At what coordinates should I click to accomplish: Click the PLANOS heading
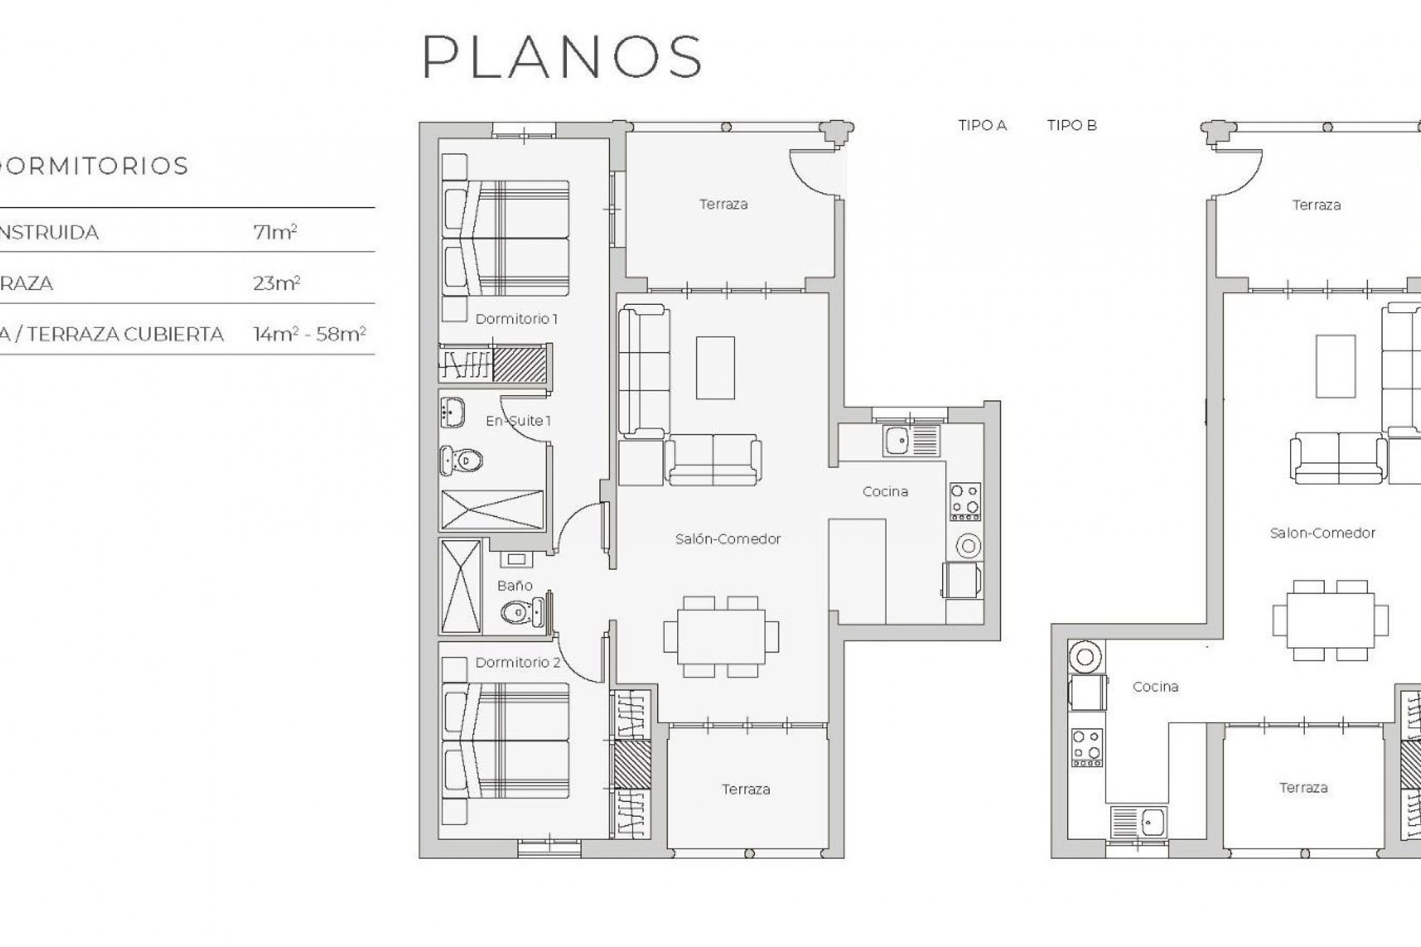click(x=562, y=56)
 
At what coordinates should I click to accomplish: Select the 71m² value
click(x=275, y=232)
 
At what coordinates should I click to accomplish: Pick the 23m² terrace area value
click(x=276, y=283)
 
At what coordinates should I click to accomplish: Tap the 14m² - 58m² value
click(x=309, y=334)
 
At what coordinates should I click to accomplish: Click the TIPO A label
click(x=982, y=126)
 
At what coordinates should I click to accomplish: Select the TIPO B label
click(x=1071, y=126)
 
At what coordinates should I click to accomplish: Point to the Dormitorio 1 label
click(x=516, y=319)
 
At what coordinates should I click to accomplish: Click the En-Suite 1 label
click(x=518, y=421)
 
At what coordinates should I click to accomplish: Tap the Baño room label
click(x=514, y=586)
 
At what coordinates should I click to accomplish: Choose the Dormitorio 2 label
click(x=517, y=663)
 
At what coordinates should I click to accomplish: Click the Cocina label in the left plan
click(x=885, y=492)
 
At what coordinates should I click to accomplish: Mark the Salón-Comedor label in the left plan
click(x=728, y=539)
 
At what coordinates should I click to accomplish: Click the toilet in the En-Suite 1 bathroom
click(x=463, y=461)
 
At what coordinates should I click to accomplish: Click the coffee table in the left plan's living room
click(x=715, y=368)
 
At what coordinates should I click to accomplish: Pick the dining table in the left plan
click(x=721, y=636)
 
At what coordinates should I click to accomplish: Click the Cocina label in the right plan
click(x=1155, y=687)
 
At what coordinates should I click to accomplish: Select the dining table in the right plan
click(x=1330, y=620)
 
